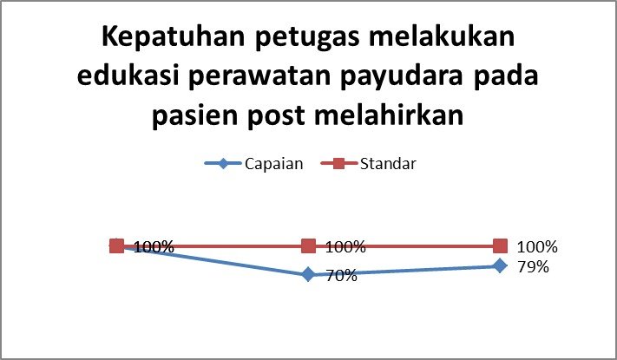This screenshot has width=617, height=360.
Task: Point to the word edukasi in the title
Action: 126,75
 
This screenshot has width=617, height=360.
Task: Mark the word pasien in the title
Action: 194,116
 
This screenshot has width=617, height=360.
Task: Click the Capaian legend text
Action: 274,164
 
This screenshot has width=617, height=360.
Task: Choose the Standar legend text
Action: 388,163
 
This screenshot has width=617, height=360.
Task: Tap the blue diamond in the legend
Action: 223,163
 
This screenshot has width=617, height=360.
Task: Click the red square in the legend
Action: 338,163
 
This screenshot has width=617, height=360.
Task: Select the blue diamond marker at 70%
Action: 309,274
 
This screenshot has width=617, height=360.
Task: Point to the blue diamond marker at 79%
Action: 500,265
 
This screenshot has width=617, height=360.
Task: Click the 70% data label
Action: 342,276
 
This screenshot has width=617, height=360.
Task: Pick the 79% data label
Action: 533,267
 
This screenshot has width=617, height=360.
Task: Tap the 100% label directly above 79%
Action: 537,247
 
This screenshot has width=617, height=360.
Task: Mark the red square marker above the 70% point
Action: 309,246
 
